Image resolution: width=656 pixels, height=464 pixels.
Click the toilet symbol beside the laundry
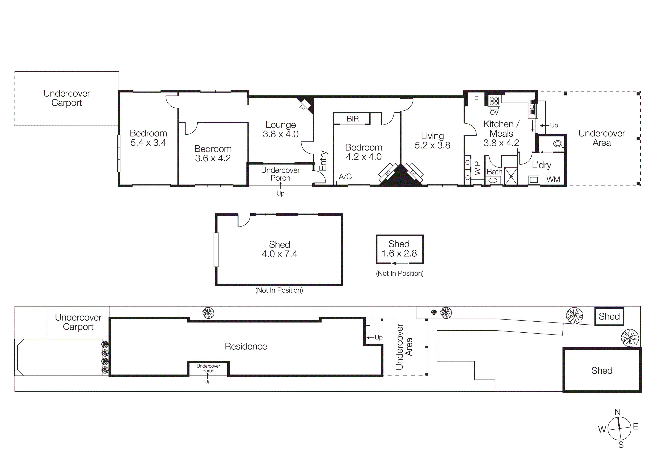558,144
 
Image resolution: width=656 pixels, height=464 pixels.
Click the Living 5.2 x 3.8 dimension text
432,145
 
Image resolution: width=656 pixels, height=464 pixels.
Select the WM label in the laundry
553,179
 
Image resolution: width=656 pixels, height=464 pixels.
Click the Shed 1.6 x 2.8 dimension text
399,253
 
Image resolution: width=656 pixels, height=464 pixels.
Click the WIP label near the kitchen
477,168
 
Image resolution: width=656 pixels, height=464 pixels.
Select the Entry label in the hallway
323,161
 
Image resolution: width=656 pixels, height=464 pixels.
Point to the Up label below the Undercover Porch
280,194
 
